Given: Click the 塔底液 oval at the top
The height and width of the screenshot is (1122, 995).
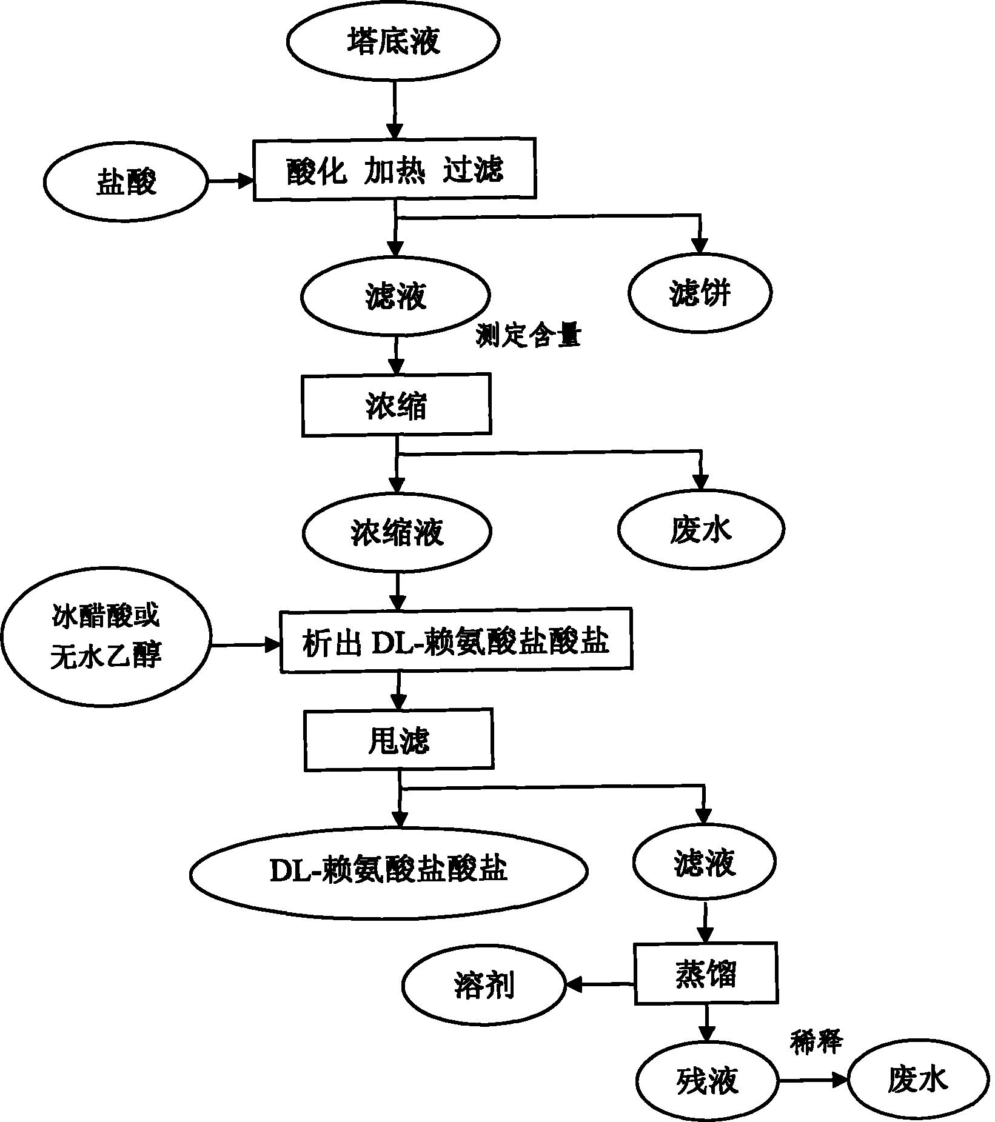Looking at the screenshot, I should coord(393,40).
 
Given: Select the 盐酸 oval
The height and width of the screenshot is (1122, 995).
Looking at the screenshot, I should coord(126,181).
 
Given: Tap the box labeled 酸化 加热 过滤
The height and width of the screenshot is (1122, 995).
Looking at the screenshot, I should coord(395,169).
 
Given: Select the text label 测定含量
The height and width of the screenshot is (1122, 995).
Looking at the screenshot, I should coord(528,336).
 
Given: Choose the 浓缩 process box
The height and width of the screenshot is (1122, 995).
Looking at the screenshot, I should coord(396,405).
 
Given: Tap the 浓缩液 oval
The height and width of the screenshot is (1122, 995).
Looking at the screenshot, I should coord(397,532).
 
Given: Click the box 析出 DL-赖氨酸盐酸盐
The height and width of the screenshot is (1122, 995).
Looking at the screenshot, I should coord(456,641).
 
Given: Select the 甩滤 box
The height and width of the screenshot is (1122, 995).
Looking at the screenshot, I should coord(398,740).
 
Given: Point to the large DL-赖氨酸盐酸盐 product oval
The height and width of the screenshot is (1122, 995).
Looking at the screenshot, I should coord(388,870).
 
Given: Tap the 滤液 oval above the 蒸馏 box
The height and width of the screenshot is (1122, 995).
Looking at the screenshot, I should coord(704,862).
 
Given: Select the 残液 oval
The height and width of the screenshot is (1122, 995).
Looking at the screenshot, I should coord(706,1080).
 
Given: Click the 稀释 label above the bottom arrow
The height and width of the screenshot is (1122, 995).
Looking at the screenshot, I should coord(816,1041).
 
